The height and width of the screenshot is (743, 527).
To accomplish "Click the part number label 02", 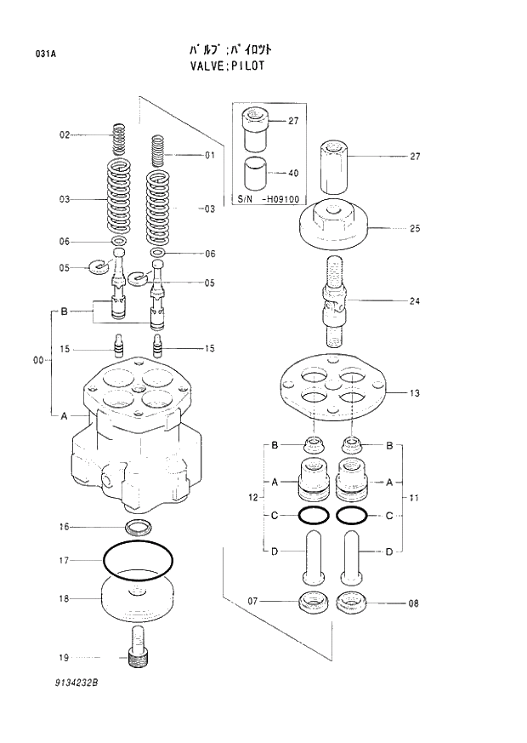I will pos(64,135).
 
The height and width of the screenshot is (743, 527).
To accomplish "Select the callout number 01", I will pos(209,155).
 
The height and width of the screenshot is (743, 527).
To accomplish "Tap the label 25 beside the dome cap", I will pos(416,228).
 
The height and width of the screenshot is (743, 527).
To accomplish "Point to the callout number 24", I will pos(416,300).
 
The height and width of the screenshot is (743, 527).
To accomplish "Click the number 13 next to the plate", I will pos(416,393).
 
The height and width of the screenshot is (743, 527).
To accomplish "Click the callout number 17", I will pos(64,560).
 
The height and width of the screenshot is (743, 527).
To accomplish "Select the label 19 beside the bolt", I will pos(64,658).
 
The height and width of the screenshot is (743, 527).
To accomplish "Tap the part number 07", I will pos(252,602).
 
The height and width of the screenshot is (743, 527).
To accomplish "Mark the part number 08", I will pos(414,604).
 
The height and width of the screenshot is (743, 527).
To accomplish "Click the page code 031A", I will pos(45,54).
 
